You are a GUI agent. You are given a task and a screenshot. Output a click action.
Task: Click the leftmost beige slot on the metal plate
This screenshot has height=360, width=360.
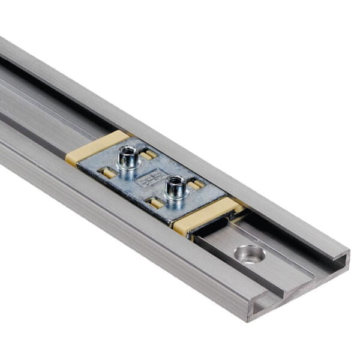click(x=107, y=173)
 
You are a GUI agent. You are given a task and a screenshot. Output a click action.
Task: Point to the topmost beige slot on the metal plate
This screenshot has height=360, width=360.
click(x=148, y=154)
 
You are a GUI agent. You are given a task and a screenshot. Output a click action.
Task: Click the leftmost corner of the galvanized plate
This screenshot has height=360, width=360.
click(x=79, y=166)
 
